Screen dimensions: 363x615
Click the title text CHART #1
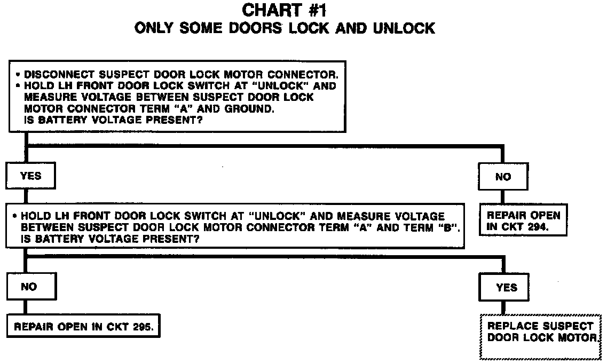click(285, 10)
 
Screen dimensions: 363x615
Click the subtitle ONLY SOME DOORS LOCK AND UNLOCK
click(285, 28)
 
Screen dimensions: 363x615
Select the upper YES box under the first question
click(30, 176)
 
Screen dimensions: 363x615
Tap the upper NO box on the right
click(503, 177)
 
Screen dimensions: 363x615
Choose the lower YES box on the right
click(506, 288)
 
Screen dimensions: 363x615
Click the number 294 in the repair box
click(538, 227)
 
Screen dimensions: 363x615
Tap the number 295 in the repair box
click(144, 327)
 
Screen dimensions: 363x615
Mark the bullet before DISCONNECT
click(18, 75)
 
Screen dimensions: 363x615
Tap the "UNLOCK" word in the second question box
click(271, 216)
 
